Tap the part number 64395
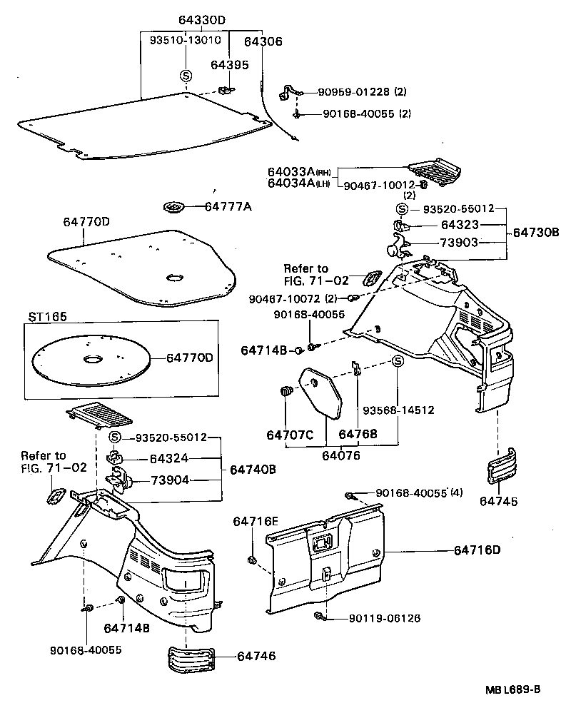[x=229, y=65]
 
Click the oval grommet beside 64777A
[x=174, y=207]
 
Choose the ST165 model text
[x=45, y=316]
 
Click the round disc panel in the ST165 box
[x=92, y=360]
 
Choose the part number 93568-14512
[x=398, y=410]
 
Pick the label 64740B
[x=254, y=470]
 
